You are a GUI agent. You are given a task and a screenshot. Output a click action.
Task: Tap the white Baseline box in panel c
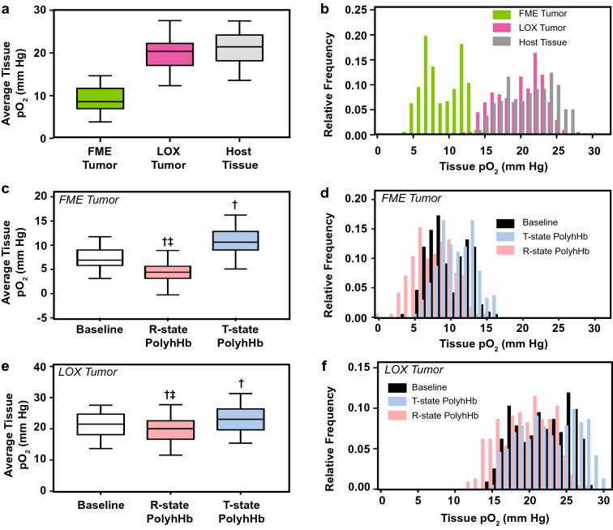tap(101, 257)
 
